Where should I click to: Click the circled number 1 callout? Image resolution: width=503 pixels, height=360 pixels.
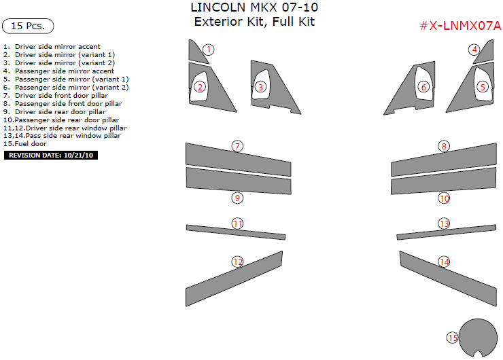pyautogui.click(x=209, y=50)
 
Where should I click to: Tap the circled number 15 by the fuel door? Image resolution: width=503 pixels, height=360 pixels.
pyautogui.click(x=453, y=338)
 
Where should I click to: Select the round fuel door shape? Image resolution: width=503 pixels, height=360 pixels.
pyautogui.click(x=478, y=338)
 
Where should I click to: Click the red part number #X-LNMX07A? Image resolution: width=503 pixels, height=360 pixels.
pyautogui.click(x=460, y=26)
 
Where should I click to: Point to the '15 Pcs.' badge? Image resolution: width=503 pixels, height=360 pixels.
pyautogui.click(x=28, y=26)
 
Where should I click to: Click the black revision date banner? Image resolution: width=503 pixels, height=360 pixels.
pyautogui.click(x=51, y=155)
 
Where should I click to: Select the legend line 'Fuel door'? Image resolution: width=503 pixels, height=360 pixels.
pyautogui.click(x=25, y=143)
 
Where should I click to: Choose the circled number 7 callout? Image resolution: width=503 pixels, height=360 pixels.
pyautogui.click(x=237, y=146)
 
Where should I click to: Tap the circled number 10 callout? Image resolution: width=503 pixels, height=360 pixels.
pyautogui.click(x=445, y=198)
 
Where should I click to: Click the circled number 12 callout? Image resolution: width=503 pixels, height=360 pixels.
pyautogui.click(x=237, y=262)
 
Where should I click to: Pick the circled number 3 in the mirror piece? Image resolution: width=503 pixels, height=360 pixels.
pyautogui.click(x=260, y=87)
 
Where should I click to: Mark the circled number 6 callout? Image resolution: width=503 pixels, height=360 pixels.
pyautogui.click(x=423, y=87)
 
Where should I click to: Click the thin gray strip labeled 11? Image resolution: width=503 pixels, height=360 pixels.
pyautogui.click(x=236, y=232)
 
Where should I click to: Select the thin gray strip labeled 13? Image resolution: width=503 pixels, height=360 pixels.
pyautogui.click(x=446, y=232)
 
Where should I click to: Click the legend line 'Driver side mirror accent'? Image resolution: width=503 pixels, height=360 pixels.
pyautogui.click(x=52, y=46)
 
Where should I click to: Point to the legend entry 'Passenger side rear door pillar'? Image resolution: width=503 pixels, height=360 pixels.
pyautogui.click(x=61, y=120)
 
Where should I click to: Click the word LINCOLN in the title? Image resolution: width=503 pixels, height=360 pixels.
pyautogui.click(x=218, y=7)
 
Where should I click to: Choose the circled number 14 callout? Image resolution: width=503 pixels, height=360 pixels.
pyautogui.click(x=445, y=262)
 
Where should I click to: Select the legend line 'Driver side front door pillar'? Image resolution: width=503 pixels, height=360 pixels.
pyautogui.click(x=56, y=96)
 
